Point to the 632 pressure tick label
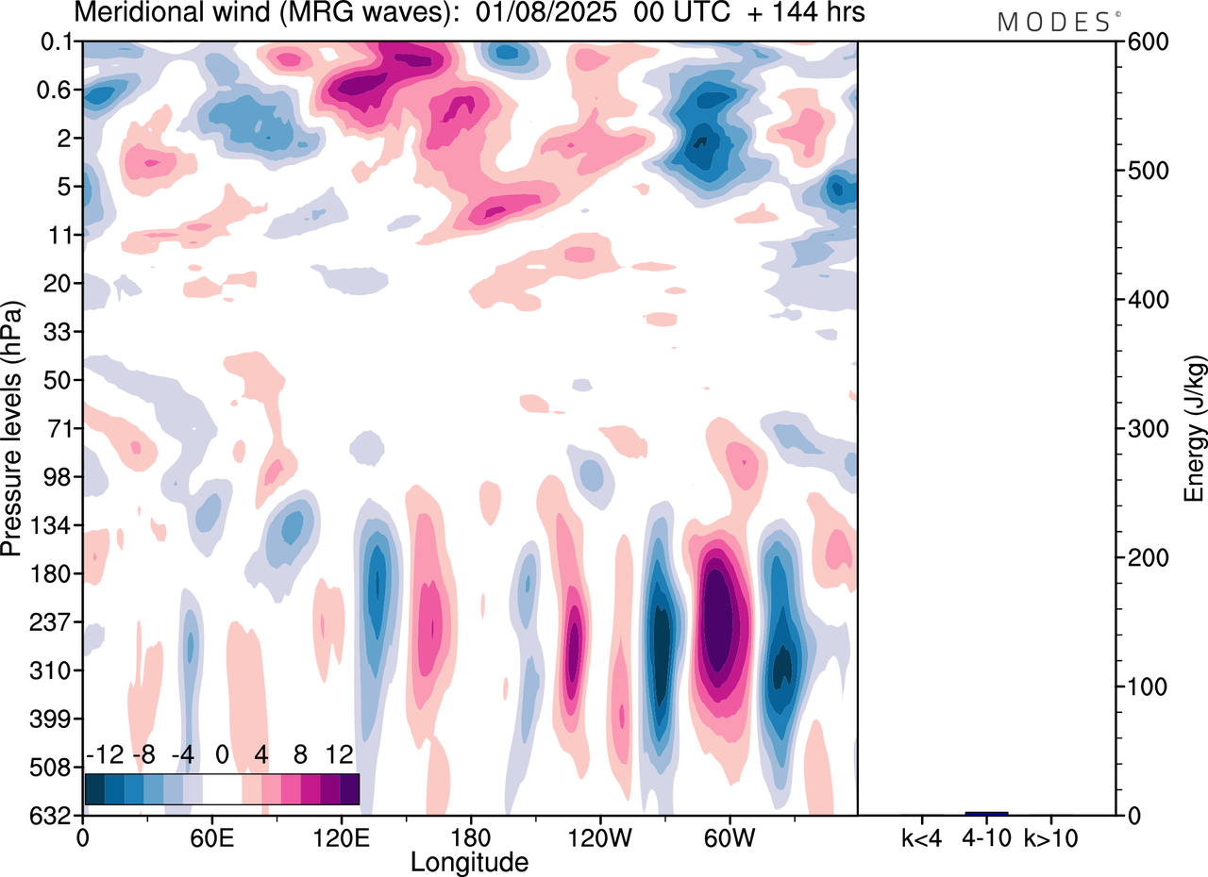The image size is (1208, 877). pos(56,815)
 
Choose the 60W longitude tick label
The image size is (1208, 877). pos(728,837)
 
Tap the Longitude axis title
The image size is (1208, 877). pos(469,862)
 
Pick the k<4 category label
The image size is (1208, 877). pos(921,836)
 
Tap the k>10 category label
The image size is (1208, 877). pos(1052,836)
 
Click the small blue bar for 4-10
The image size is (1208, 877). pos(986,813)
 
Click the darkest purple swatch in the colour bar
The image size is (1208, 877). pos(349,788)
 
